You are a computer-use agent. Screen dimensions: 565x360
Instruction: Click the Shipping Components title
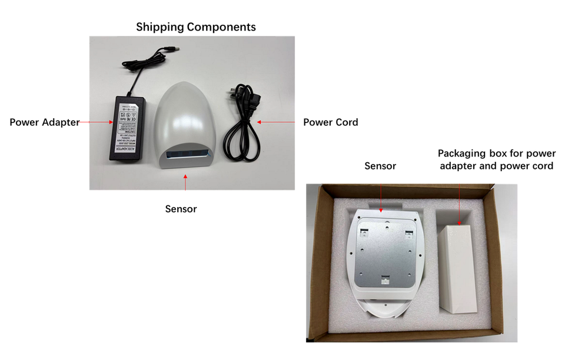[196, 27]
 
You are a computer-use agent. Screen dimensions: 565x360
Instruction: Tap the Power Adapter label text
[45, 122]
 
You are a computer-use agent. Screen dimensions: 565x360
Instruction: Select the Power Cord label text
[330, 122]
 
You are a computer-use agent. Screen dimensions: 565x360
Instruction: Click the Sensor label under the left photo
[181, 209]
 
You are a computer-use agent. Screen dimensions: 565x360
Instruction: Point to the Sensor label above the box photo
[380, 166]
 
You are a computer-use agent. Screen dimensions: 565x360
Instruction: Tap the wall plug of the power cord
[234, 94]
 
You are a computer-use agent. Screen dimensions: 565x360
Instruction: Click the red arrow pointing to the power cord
[277, 122]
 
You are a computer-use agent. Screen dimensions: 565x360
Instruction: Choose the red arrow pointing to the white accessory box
[460, 204]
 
